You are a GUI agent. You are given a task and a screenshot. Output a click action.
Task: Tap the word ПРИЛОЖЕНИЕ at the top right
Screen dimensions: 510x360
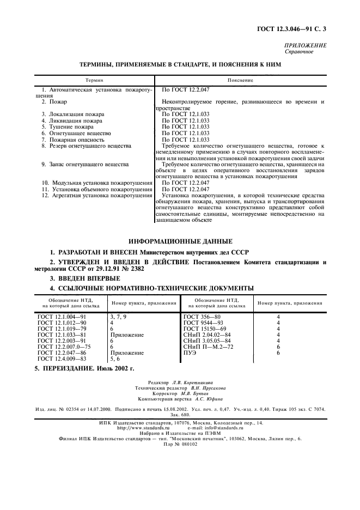tap(306, 46)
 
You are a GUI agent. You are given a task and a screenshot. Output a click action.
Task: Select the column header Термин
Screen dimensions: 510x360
tap(93, 80)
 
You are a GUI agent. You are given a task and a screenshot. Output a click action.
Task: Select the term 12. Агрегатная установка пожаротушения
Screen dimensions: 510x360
tap(96, 195)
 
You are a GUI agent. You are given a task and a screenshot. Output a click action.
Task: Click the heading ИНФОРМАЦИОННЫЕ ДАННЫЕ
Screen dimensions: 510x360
tap(180, 241)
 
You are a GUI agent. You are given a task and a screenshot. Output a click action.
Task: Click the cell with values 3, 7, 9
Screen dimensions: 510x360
tap(118, 316)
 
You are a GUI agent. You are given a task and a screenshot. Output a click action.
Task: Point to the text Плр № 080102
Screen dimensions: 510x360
tap(180, 444)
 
